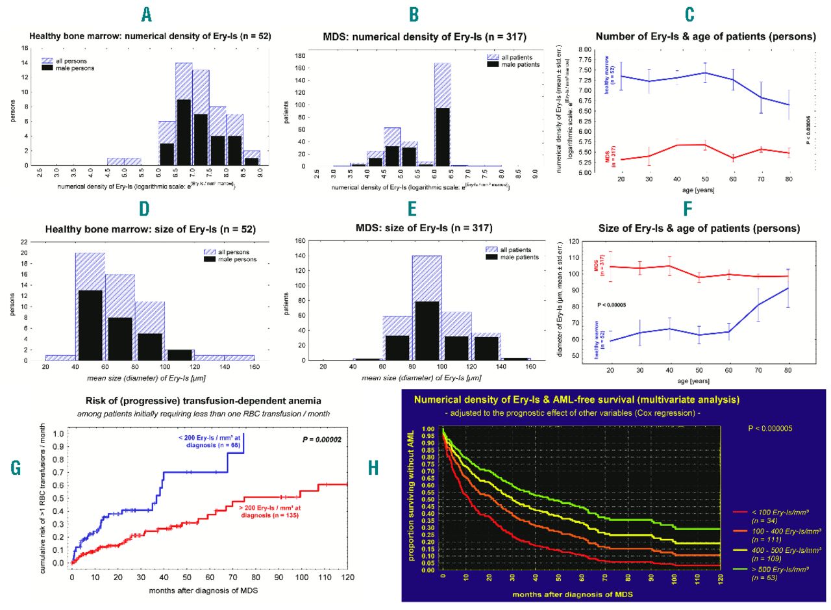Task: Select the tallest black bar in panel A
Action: pyautogui.click(x=184, y=132)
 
